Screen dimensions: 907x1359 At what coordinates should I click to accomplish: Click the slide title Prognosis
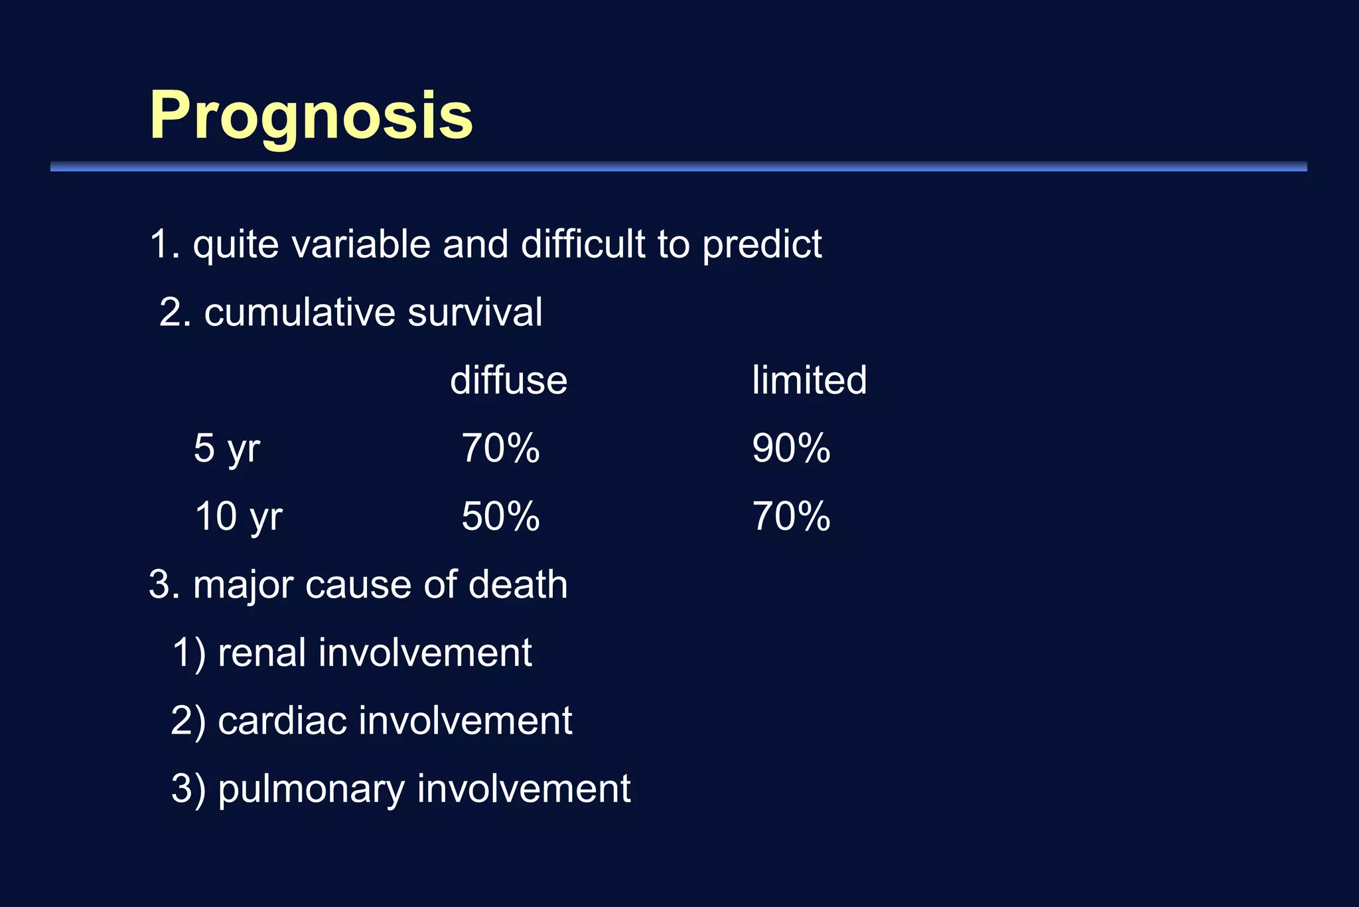point(311,116)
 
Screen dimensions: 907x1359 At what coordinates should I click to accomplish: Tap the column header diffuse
point(508,380)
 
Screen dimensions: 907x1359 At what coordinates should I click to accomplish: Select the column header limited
point(809,380)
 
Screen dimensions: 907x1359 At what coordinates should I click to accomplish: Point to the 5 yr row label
point(226,449)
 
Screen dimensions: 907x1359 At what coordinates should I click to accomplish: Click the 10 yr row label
point(238,517)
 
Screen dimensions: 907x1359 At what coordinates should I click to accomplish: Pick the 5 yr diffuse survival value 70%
point(500,448)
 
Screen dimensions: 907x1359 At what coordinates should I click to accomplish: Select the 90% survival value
point(791,448)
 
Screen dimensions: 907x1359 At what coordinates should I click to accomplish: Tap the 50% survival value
point(500,517)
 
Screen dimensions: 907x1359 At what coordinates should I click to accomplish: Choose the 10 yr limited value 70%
point(791,517)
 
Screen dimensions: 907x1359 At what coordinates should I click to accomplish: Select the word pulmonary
point(311,790)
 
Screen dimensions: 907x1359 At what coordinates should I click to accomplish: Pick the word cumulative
point(300,313)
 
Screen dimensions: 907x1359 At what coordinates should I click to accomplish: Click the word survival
point(475,313)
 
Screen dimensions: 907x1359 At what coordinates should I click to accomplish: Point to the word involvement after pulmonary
point(524,789)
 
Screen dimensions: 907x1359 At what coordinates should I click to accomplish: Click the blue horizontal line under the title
point(678,167)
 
